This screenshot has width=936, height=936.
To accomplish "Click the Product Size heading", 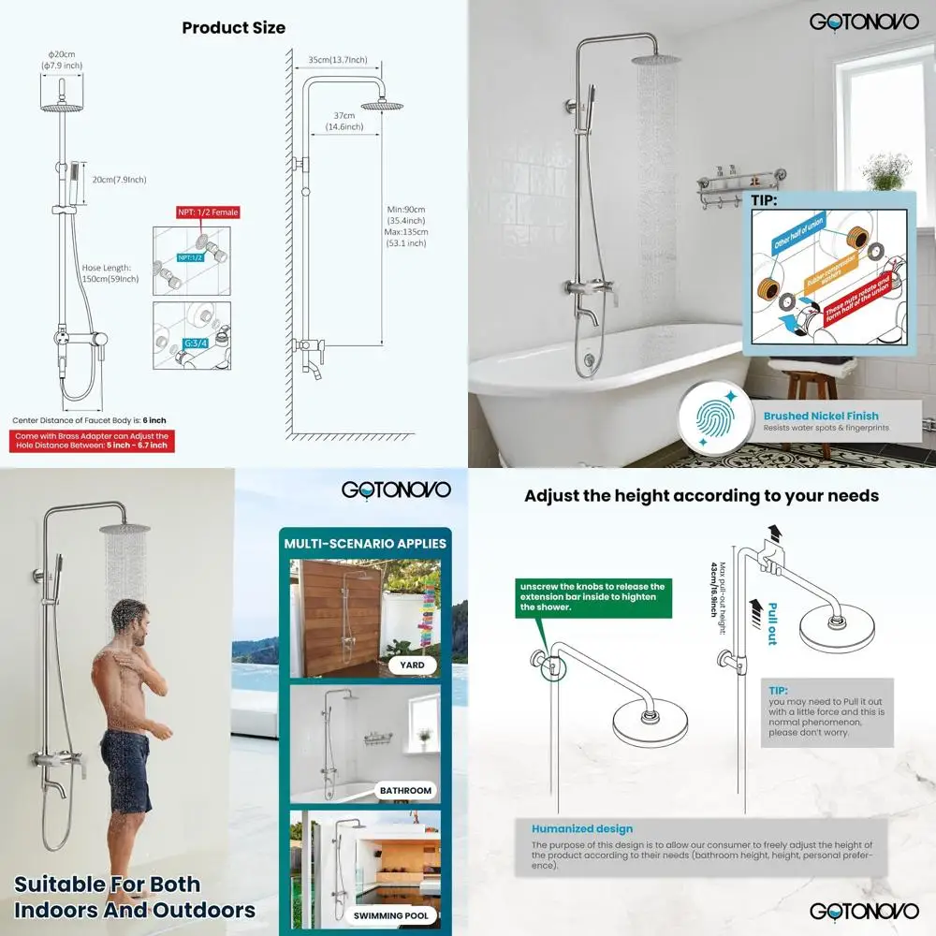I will coord(233,27).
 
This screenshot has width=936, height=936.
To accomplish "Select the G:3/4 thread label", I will coord(196,344).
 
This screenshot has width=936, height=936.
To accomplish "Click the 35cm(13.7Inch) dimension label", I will coord(337,60).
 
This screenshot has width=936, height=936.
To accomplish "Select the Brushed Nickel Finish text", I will coord(821,416).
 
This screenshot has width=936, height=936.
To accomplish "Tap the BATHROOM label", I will coord(405,791).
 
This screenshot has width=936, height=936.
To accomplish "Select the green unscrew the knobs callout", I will coord(591,596).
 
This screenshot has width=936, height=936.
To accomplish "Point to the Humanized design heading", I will coord(581,828).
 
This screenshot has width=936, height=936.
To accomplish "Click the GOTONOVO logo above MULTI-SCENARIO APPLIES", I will coord(396,490).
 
